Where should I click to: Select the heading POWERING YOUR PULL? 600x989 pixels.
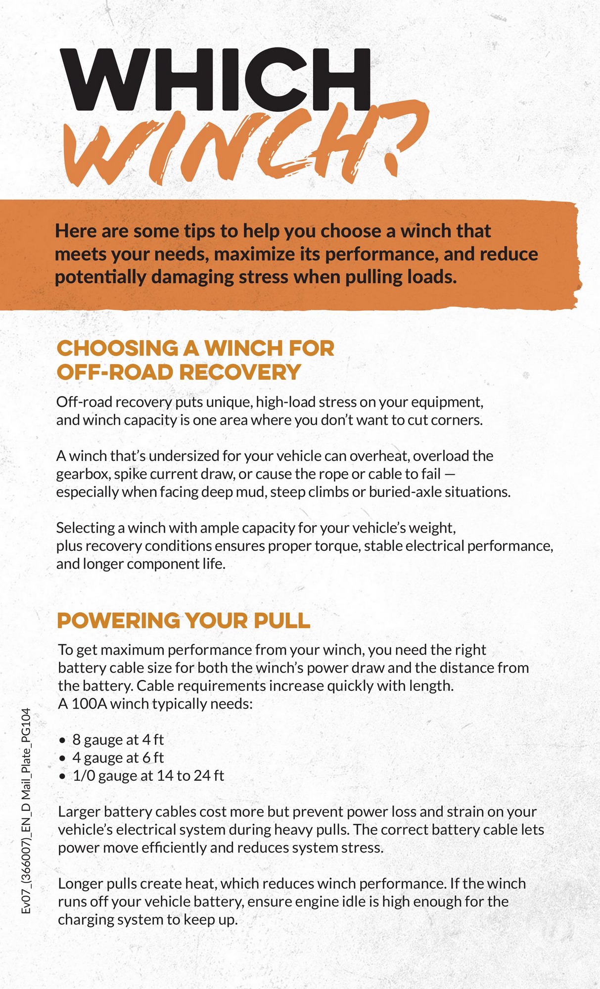(184, 621)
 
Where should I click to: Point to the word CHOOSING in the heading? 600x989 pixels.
(117, 348)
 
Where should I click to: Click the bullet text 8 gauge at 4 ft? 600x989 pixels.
(118, 739)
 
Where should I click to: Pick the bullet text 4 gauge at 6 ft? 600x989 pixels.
(118, 757)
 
